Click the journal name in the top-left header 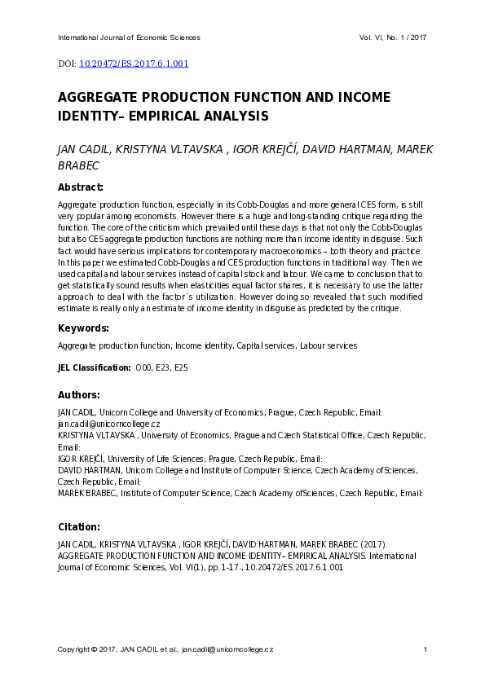129,37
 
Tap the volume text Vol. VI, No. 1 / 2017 393,37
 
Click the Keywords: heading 83,328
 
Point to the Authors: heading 79,394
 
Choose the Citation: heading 79,526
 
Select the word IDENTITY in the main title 86,117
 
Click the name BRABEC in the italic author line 78,165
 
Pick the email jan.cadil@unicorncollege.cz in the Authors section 108,424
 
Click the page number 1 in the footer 425,649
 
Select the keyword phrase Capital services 266,346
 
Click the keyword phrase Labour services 328,346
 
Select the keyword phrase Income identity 209,346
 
